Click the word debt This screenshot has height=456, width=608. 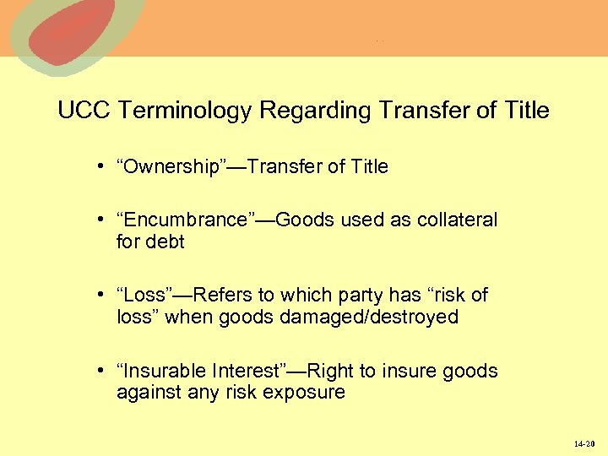(165, 242)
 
